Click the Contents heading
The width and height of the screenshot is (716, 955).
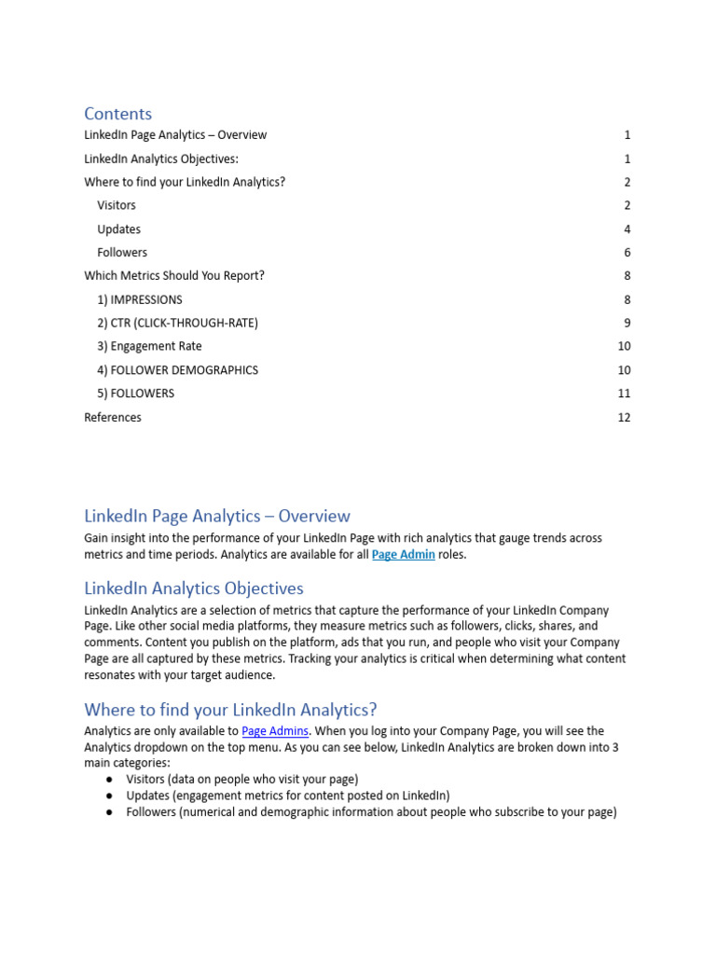pyautogui.click(x=117, y=114)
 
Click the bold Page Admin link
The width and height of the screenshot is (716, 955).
pyautogui.click(x=403, y=555)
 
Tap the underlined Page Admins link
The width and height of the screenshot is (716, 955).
pyautogui.click(x=275, y=731)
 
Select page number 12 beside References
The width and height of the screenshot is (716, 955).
pyautogui.click(x=624, y=418)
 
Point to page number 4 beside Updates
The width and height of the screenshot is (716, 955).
pyautogui.click(x=627, y=229)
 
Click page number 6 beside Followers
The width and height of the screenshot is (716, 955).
pyautogui.click(x=627, y=253)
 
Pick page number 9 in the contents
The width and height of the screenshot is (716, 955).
pyautogui.click(x=627, y=324)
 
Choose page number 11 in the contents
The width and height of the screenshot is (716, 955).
pyautogui.click(x=624, y=394)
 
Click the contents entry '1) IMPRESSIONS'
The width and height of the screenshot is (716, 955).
pyautogui.click(x=140, y=300)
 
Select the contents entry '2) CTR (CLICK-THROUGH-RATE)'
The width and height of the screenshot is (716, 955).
pyautogui.click(x=177, y=324)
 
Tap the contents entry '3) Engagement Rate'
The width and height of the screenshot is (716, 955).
pyautogui.click(x=148, y=347)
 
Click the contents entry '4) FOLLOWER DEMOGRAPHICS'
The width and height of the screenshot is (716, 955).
pyautogui.click(x=177, y=370)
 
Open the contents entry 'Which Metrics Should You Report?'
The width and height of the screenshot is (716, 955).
pyautogui.click(x=174, y=276)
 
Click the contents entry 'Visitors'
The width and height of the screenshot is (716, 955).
pyautogui.click(x=117, y=205)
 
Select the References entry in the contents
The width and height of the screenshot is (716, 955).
pyautogui.click(x=113, y=418)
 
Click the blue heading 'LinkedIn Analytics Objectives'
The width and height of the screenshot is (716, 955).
pyautogui.click(x=193, y=588)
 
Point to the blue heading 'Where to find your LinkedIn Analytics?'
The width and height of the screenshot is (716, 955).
pyautogui.click(x=230, y=710)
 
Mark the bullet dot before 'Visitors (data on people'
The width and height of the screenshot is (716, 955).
pyautogui.click(x=109, y=779)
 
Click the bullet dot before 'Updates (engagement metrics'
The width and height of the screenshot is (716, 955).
pyautogui.click(x=109, y=796)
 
